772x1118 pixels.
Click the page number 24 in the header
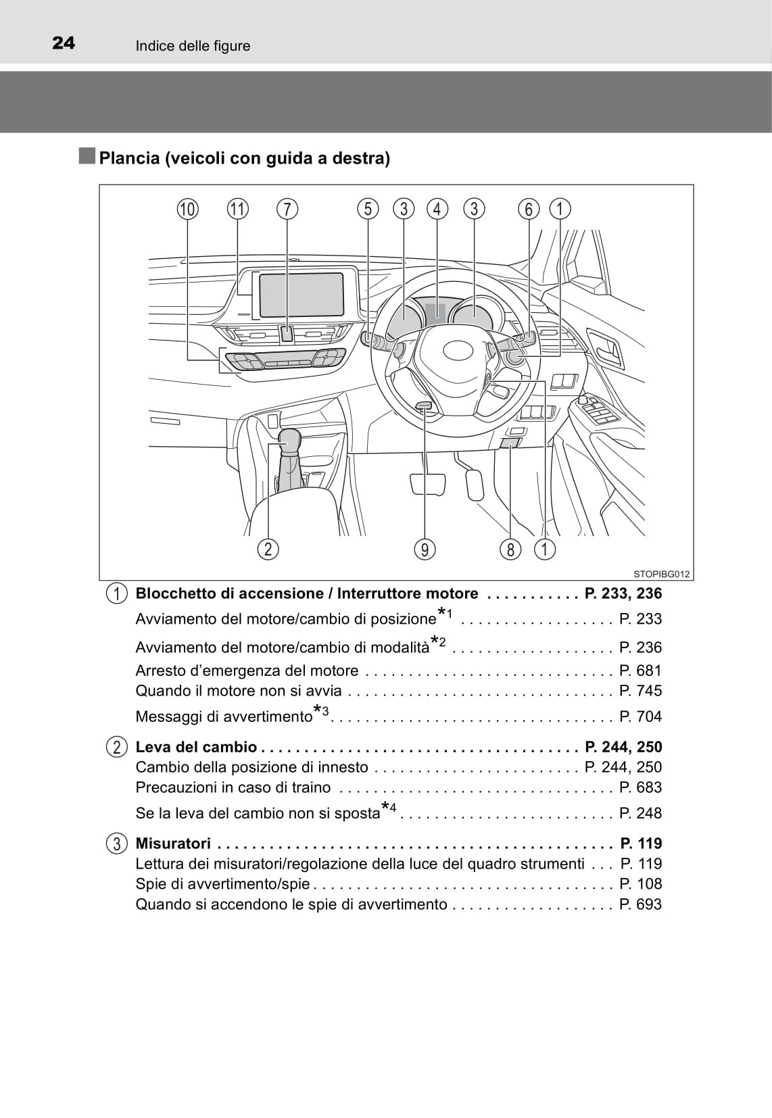pyautogui.click(x=64, y=43)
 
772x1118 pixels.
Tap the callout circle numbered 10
pyautogui.click(x=188, y=209)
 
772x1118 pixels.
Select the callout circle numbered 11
pyautogui.click(x=237, y=209)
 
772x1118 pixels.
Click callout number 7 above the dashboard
pyautogui.click(x=287, y=209)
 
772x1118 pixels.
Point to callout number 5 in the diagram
pyautogui.click(x=368, y=209)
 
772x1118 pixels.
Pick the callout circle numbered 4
pyautogui.click(x=437, y=209)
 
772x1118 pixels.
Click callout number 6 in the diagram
pyautogui.click(x=529, y=209)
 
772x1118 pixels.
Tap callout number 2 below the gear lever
pyautogui.click(x=268, y=549)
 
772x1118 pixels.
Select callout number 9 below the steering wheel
pyautogui.click(x=425, y=550)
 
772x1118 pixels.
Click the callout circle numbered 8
pyautogui.click(x=510, y=550)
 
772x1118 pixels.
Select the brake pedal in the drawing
pyautogui.click(x=427, y=484)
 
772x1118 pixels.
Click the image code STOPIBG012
pyautogui.click(x=661, y=575)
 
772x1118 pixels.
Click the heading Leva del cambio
pyautogui.click(x=196, y=747)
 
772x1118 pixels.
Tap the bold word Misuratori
pyautogui.click(x=173, y=844)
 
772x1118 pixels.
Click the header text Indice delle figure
pyautogui.click(x=193, y=46)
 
